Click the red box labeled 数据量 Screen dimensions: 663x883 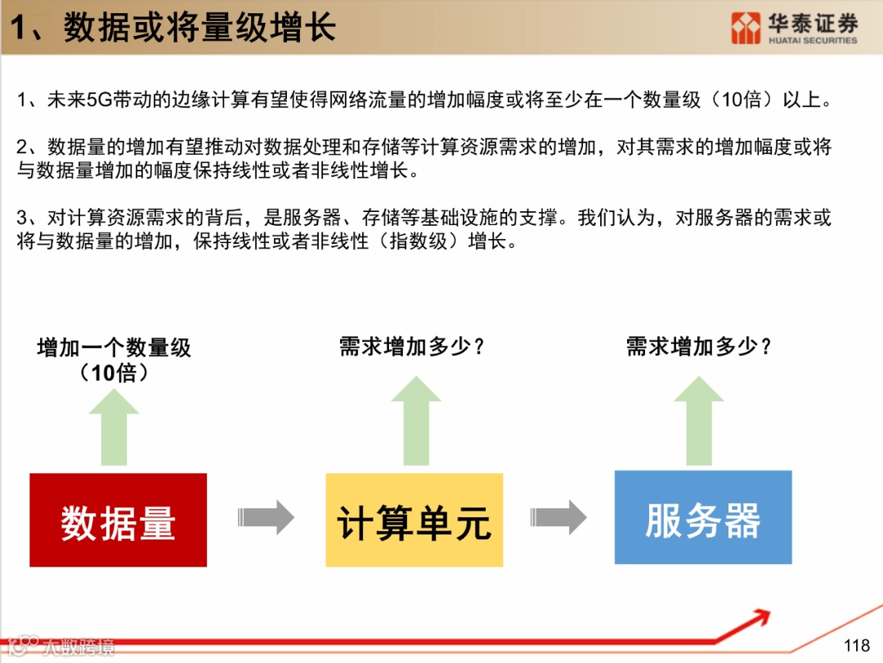point(118,520)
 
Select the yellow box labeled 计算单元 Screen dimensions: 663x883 point(414,520)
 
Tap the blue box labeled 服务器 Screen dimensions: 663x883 point(703,517)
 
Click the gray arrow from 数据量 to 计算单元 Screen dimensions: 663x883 point(266,517)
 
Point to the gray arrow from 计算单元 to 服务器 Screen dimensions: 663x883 point(558,517)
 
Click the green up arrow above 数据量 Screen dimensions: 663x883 point(114,427)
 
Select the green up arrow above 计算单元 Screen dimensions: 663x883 point(415,422)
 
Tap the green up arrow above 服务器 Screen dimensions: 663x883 point(698,422)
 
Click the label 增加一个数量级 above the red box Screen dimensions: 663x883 point(114,348)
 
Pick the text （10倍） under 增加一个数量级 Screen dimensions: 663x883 point(114,373)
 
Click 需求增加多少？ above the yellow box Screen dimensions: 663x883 point(413,347)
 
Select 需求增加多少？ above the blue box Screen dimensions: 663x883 point(699,347)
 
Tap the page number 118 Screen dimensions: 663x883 point(856,646)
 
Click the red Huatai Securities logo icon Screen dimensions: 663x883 point(745,28)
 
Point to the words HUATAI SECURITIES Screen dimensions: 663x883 point(813,40)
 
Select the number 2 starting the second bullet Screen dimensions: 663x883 point(22,148)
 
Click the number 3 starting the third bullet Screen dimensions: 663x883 point(22,219)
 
